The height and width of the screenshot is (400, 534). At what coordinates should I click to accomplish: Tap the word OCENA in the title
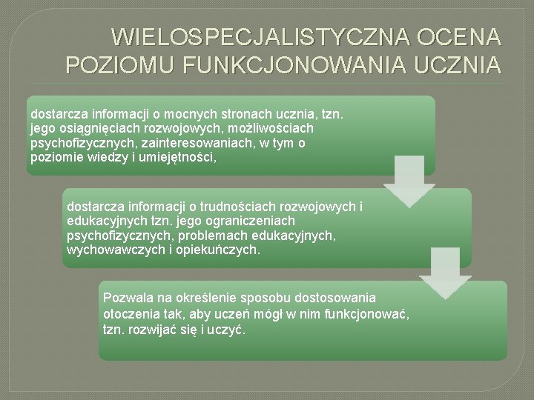point(460,37)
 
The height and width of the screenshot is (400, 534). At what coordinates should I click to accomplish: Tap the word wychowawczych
point(109,250)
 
